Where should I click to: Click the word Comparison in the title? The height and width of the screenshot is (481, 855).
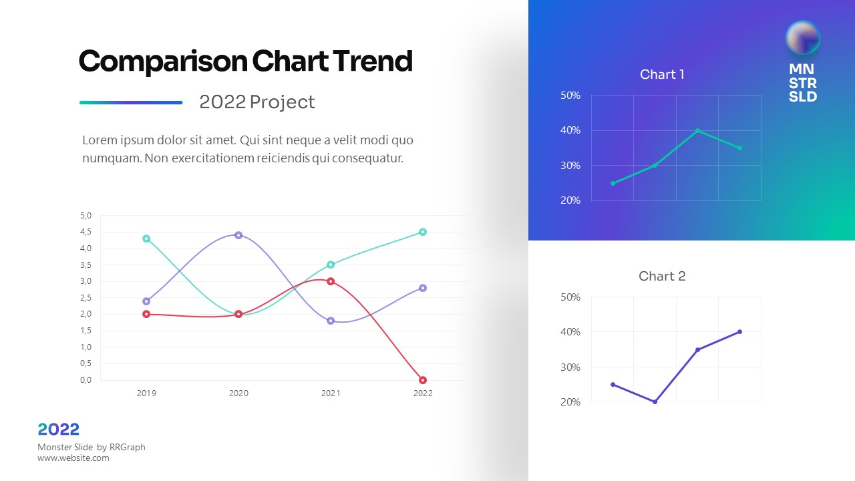pos(163,61)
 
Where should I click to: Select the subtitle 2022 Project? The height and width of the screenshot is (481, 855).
pos(257,102)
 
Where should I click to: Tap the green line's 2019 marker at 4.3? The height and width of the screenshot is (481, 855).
pos(146,238)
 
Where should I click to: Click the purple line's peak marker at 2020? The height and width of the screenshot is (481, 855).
pos(238,235)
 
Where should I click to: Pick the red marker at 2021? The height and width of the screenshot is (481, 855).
pos(331,281)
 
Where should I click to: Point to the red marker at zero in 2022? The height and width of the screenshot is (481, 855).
pos(423,380)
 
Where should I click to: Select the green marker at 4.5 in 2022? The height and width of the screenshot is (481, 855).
pos(423,232)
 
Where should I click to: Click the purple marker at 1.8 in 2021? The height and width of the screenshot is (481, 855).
pos(331,321)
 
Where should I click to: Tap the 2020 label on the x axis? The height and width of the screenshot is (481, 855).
pos(238,393)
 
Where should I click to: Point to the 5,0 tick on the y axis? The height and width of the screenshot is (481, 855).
pos(85,216)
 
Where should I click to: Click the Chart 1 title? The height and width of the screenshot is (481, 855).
pos(662,74)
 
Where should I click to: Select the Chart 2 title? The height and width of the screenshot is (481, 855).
pos(662,276)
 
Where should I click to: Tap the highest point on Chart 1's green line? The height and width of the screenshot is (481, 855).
pos(697,130)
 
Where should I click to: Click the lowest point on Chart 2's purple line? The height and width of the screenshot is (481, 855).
pos(655,402)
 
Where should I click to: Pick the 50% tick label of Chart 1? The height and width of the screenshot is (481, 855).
pos(570,96)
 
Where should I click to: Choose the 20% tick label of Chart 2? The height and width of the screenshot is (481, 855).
pos(570,402)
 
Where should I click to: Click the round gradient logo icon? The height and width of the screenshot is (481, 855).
pos(803,37)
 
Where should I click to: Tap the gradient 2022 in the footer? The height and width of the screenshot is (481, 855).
pos(59,430)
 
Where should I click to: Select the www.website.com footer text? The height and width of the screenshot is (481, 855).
pos(73,458)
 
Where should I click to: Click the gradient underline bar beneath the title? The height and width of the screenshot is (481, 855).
pos(131,102)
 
